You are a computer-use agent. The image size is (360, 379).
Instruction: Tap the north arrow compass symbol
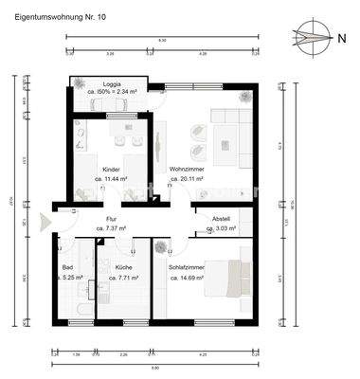pyautogui.click(x=309, y=38)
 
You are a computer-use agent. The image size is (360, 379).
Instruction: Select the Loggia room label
pyautogui.click(x=111, y=82)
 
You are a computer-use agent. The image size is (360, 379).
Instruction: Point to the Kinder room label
pyautogui.click(x=110, y=170)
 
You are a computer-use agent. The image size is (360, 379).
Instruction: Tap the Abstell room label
pyautogui.click(x=220, y=219)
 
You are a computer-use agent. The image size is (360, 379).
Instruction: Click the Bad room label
pyautogui.click(x=67, y=268)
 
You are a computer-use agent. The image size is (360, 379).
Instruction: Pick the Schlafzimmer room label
pyautogui.click(x=187, y=268)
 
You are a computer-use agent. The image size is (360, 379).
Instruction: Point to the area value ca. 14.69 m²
pyautogui.click(x=187, y=278)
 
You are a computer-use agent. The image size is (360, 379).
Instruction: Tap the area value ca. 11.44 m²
pyautogui.click(x=110, y=179)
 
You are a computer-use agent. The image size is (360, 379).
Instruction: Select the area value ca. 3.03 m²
pyautogui.click(x=220, y=228)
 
